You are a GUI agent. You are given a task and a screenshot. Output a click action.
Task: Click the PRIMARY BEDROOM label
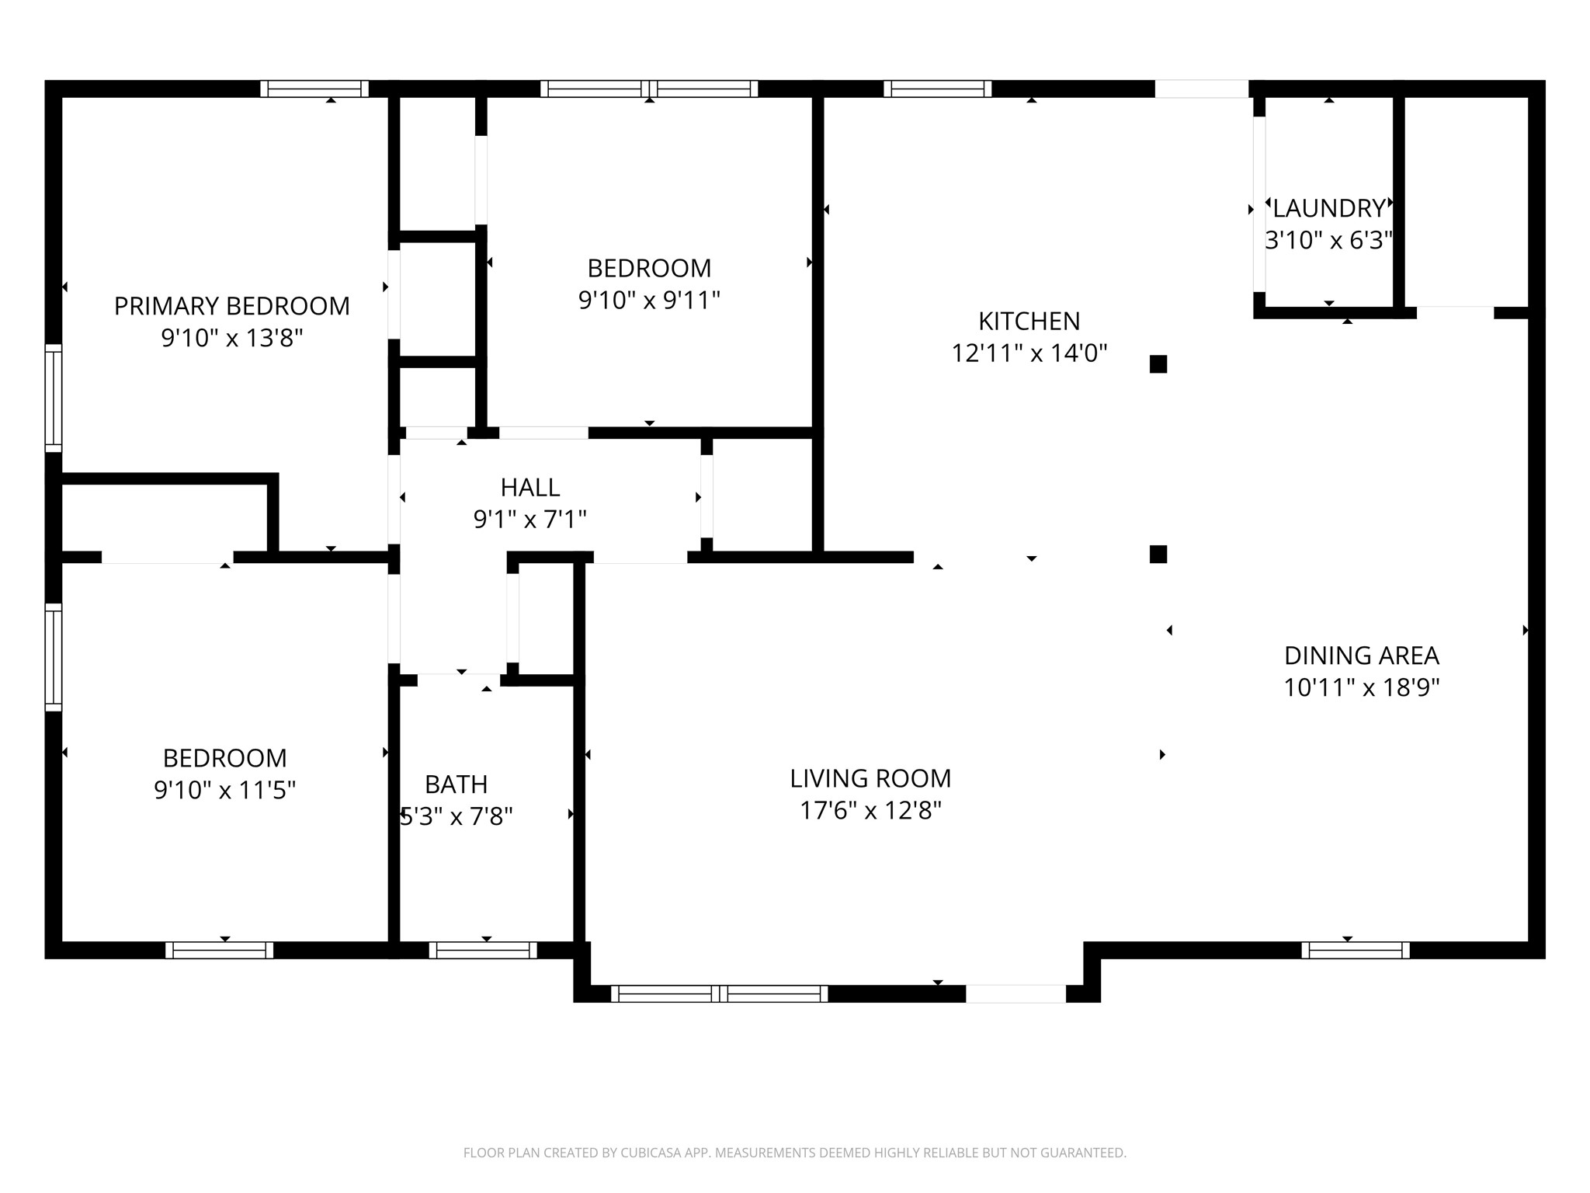click(231, 306)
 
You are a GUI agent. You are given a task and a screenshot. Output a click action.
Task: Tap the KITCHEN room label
click(1029, 321)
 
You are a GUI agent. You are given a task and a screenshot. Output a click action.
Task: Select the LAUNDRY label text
click(1329, 208)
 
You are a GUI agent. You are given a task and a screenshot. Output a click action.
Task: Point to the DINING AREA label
click(1362, 656)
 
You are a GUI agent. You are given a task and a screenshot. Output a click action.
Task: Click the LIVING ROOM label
click(870, 778)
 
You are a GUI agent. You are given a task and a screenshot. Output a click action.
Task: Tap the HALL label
click(530, 487)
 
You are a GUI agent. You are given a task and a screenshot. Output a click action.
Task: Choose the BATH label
click(457, 784)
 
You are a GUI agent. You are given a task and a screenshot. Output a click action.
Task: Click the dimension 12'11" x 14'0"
click(1029, 353)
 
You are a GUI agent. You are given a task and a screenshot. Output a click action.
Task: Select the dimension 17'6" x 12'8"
click(870, 811)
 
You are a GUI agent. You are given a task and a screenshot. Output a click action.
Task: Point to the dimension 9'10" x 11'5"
click(225, 791)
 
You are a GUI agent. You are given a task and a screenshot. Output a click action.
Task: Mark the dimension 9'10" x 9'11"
click(650, 300)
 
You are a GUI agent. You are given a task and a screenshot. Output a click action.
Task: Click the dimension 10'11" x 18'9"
click(1362, 688)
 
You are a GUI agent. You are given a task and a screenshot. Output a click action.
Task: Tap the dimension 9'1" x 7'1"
click(530, 519)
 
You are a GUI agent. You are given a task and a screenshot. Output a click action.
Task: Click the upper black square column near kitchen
click(1158, 364)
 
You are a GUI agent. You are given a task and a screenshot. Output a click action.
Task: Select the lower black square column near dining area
click(1158, 554)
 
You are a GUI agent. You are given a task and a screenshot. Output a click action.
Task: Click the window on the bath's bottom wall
click(483, 950)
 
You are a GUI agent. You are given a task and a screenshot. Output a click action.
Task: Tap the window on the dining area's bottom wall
click(1356, 950)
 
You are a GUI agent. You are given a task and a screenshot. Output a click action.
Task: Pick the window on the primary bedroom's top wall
click(314, 89)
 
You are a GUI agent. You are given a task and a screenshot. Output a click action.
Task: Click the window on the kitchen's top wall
click(938, 89)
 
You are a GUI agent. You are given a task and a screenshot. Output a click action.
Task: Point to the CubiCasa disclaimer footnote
click(795, 1153)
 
